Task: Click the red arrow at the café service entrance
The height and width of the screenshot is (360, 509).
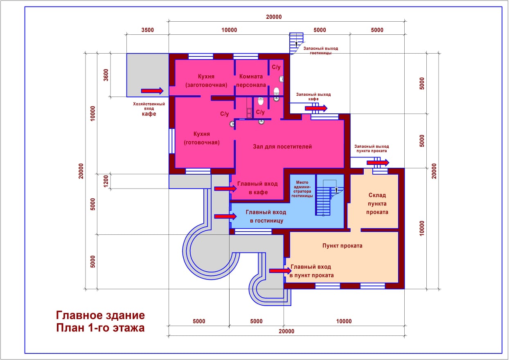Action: click(x=152, y=91)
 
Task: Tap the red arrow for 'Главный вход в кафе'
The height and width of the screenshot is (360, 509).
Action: click(x=225, y=189)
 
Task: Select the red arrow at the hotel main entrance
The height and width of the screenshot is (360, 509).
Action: click(x=225, y=216)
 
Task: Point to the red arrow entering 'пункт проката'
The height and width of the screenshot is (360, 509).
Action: click(x=280, y=270)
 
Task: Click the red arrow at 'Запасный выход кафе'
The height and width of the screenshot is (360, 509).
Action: click(x=316, y=108)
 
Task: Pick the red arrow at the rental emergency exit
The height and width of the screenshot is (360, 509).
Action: click(x=378, y=162)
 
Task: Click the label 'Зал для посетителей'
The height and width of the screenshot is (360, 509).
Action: click(x=282, y=146)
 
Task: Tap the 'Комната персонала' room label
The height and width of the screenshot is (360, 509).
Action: click(x=251, y=81)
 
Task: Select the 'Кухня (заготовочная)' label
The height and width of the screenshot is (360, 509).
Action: click(x=206, y=81)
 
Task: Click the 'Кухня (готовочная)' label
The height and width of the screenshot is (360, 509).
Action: click(x=202, y=138)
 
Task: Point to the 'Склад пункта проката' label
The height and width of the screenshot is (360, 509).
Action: click(x=377, y=203)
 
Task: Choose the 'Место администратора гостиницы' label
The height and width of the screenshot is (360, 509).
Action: click(x=302, y=189)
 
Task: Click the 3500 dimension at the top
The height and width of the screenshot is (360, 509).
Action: click(x=148, y=30)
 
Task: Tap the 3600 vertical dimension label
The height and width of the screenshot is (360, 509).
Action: click(x=106, y=75)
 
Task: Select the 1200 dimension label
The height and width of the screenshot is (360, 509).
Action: click(x=106, y=181)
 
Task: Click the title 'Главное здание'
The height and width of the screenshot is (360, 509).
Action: click(x=100, y=315)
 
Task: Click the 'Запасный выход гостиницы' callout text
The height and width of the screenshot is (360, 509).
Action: click(x=321, y=51)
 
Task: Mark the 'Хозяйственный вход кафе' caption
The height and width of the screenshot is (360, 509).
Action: click(x=149, y=109)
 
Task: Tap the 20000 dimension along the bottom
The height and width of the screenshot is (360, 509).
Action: click(x=286, y=331)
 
